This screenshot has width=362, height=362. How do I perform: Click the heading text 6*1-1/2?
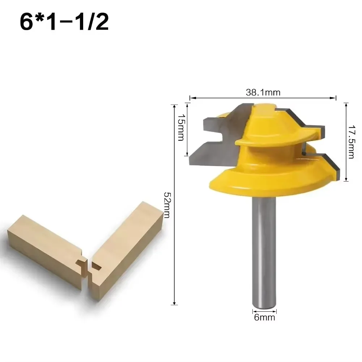[64, 22]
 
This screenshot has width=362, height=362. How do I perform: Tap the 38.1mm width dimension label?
[263, 92]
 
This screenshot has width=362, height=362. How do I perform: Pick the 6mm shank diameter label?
[264, 318]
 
